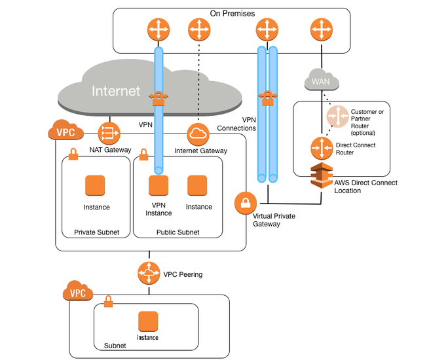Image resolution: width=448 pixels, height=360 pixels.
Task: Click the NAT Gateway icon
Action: pos(109,134)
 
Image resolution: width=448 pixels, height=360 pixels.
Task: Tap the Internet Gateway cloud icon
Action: pos(197,134)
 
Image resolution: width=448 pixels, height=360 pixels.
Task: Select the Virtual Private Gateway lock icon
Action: pos(245,202)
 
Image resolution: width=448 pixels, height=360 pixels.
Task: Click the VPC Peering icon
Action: pos(149,273)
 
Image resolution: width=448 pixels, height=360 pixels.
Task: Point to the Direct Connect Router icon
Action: pos(321,148)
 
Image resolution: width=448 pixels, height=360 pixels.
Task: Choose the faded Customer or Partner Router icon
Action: pos(339,117)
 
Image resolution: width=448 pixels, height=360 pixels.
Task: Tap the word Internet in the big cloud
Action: pos(116,90)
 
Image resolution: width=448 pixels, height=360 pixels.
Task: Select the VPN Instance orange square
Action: pos(158,186)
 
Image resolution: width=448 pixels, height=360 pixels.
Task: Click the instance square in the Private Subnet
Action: pos(96,186)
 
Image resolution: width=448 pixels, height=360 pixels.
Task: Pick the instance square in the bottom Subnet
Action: pos(149,321)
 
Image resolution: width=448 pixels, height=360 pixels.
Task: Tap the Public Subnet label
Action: pos(177,232)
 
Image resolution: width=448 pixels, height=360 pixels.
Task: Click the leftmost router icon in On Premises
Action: pos(159,29)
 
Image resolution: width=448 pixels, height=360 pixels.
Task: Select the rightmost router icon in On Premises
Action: pos(321,29)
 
